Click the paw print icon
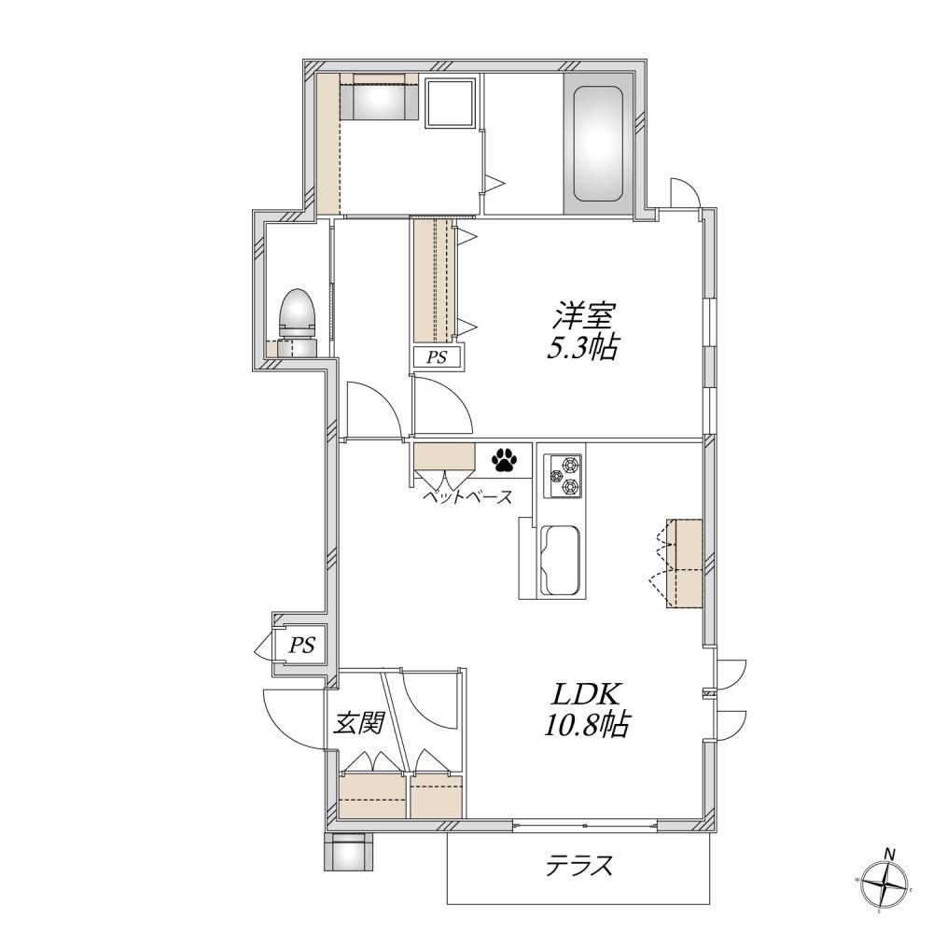click(505, 459)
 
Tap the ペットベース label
click(467, 496)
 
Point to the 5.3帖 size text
click(581, 349)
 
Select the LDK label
click(588, 693)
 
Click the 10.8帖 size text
click(587, 724)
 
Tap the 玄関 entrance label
click(357, 723)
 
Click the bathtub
click(597, 144)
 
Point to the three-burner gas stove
click(564, 475)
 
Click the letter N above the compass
click(890, 855)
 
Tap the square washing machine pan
click(451, 103)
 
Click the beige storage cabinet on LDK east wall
click(685, 563)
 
